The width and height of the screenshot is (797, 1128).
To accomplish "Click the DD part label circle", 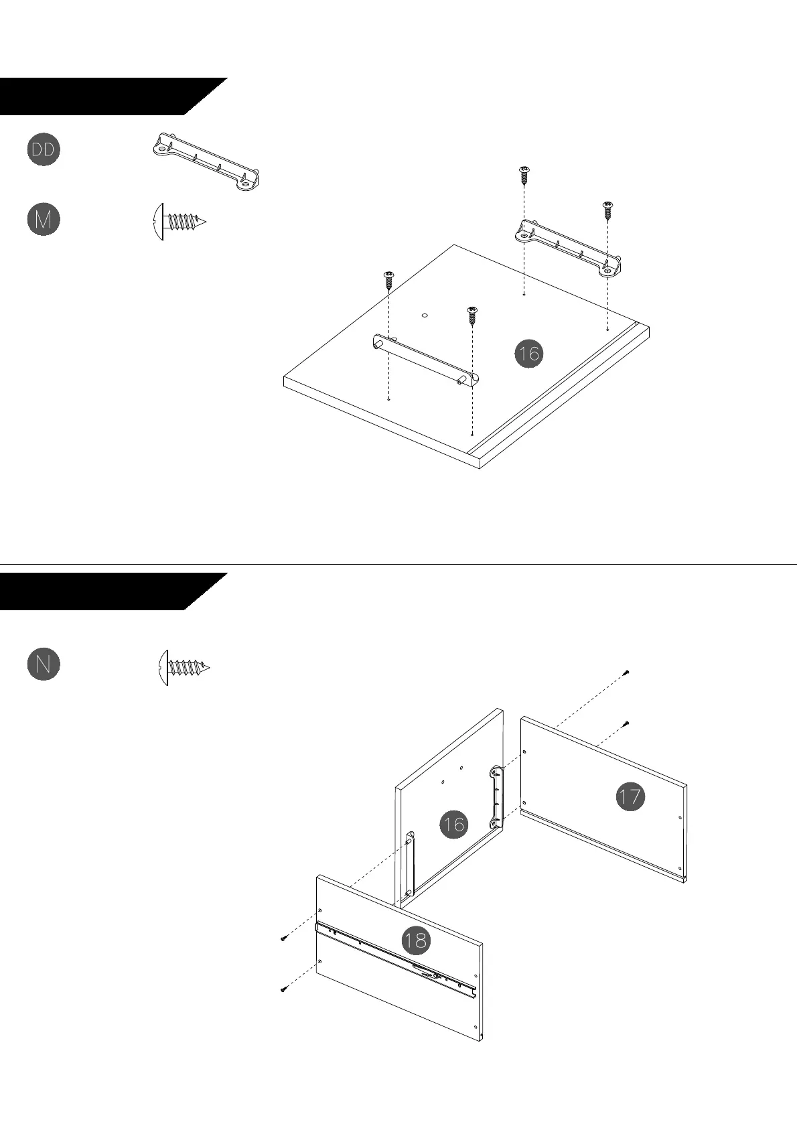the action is pyautogui.click(x=44, y=149).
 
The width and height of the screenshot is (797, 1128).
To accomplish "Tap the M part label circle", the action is pyautogui.click(x=44, y=220).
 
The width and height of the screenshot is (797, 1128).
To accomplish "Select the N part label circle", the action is pyautogui.click(x=44, y=664).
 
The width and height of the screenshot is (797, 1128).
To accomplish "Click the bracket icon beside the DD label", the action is pyautogui.click(x=206, y=161).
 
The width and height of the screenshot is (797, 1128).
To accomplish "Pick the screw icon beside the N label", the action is pyautogui.click(x=184, y=667).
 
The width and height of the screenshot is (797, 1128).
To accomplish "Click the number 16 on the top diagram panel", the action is pyautogui.click(x=528, y=353).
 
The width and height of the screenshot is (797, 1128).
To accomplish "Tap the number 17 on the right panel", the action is pyautogui.click(x=630, y=796).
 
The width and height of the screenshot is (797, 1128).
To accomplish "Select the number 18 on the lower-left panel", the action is pyautogui.click(x=415, y=940).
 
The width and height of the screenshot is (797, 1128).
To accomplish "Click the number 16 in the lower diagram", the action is pyautogui.click(x=453, y=824).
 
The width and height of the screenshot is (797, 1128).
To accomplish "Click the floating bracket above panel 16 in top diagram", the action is pyautogui.click(x=569, y=248).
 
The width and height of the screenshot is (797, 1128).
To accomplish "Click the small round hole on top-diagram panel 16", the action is pyautogui.click(x=425, y=313).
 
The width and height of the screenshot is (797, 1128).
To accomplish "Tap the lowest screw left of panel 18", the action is pyautogui.click(x=283, y=989).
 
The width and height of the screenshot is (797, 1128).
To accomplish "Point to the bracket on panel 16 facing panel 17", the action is pyautogui.click(x=496, y=797).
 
